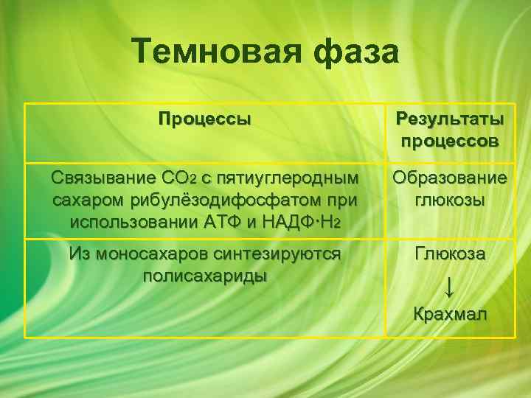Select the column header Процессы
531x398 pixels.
pos(204,119)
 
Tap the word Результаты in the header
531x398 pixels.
pos(450,119)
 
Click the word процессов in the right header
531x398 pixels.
pos(450,140)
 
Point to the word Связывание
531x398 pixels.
pos(100,178)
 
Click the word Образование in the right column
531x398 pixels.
pos(450,178)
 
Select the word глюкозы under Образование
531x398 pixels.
pos(450,200)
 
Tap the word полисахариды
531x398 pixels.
pos(204,276)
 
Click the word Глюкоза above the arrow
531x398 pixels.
pos(450,254)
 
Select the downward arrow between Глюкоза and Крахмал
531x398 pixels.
pos(450,285)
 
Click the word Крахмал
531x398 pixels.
pos(450,315)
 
